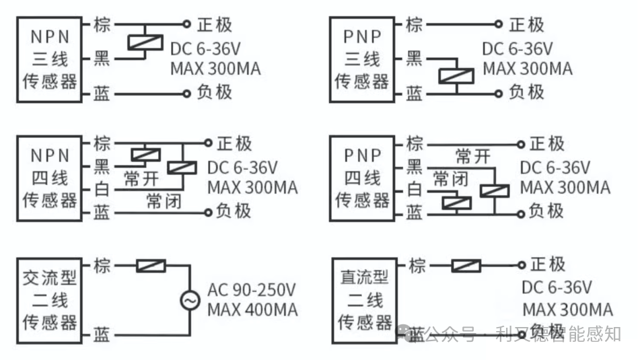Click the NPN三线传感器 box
pyautogui.click(x=50, y=59)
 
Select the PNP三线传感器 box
pyautogui.click(x=362, y=59)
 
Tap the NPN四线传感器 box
pyautogui.click(x=50, y=178)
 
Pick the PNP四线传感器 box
pyautogui.click(x=362, y=178)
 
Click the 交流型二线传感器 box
pyautogui.click(x=50, y=299)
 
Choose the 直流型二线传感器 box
pyautogui.click(x=365, y=299)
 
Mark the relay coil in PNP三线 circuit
pyautogui.click(x=456, y=74)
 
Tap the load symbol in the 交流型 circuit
pyautogui.click(x=151, y=266)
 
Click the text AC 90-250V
pyautogui.click(x=252, y=290)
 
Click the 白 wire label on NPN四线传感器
pyautogui.click(x=102, y=189)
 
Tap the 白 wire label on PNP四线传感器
pyautogui.click(x=415, y=189)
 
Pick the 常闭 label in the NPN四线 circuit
pyautogui.click(x=164, y=201)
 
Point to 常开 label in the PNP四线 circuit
pyautogui.click(x=472, y=157)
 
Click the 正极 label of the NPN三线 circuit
pyautogui.click(x=215, y=25)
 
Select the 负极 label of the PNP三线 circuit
pyautogui.click(x=526, y=92)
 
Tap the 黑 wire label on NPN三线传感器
pyautogui.click(x=102, y=59)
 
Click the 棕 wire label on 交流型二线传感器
pyautogui.click(x=102, y=265)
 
